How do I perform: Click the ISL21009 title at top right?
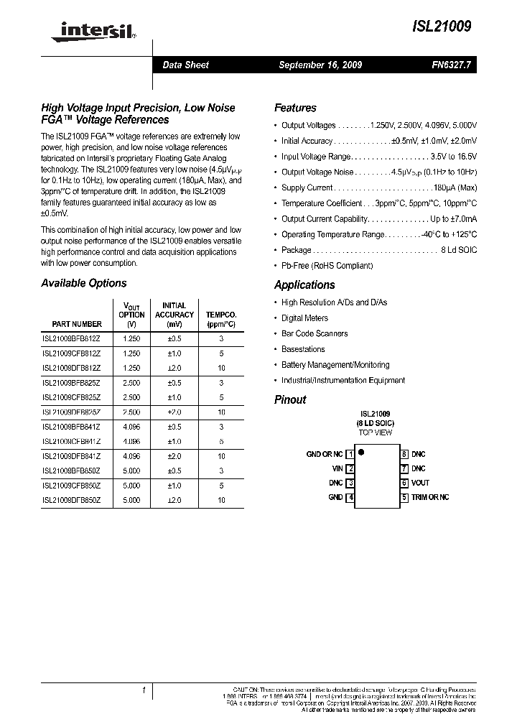tap(442, 27)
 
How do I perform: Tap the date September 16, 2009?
tap(320, 65)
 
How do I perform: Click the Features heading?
tap(295, 108)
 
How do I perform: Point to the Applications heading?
tap(304, 284)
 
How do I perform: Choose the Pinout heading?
tap(290, 399)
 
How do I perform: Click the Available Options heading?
tap(84, 283)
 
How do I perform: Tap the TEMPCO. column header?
tap(221, 320)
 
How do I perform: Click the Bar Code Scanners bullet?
tap(315, 333)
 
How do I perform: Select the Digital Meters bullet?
tap(304, 318)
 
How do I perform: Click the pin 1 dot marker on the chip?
tap(362, 453)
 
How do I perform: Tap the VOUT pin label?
tap(420, 483)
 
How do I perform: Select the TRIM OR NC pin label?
tap(430, 497)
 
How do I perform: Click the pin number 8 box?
tap(404, 454)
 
